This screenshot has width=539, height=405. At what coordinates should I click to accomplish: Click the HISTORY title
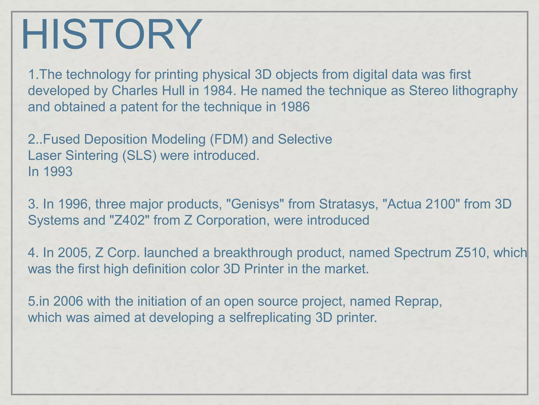(112, 34)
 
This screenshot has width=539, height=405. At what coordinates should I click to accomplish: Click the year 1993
(58, 172)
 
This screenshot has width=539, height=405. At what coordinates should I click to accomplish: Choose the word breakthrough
(253, 253)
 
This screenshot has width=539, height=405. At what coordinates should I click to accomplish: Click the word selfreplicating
(270, 318)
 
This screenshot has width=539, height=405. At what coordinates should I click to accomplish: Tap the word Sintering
(92, 156)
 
